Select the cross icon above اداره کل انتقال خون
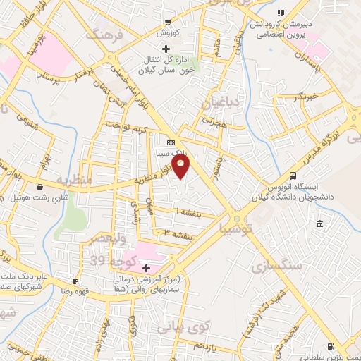(x=166, y=49)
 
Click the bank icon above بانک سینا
(x=170, y=142)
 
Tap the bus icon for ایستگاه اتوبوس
(x=293, y=176)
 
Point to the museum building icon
(x=319, y=224)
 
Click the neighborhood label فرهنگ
(x=104, y=34)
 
